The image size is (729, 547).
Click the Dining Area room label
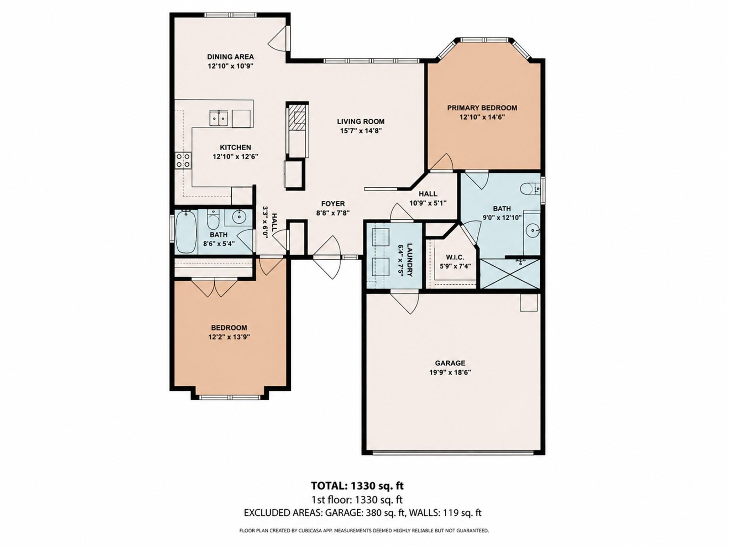coord(230,57)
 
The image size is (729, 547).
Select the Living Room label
coord(361,121)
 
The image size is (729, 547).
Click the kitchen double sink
coord(219,118)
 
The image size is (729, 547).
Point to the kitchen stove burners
coord(183,160)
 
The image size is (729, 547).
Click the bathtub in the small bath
coord(186,231)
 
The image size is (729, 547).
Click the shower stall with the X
coord(510,274)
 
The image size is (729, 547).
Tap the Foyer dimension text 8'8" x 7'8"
coord(333,213)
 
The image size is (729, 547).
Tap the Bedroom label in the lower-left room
coord(229,328)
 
